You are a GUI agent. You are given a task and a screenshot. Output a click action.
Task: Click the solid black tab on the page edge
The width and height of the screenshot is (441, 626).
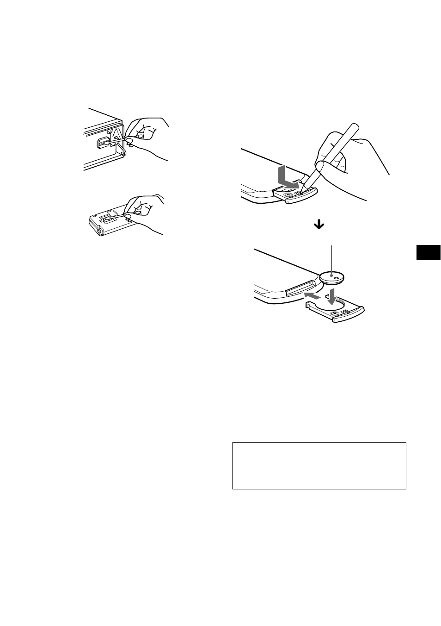[x=428, y=253]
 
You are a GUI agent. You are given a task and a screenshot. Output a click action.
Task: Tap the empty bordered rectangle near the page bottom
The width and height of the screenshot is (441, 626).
[x=319, y=465]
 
